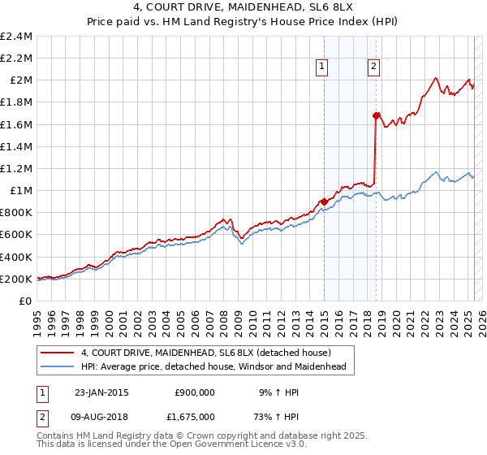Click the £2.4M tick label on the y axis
pos(16,37)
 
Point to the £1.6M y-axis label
pos(16,124)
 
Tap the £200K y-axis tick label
pos(16,279)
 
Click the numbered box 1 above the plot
pos(323,67)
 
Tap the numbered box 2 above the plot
pos(373,67)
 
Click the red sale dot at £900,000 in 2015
pos(324,201)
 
